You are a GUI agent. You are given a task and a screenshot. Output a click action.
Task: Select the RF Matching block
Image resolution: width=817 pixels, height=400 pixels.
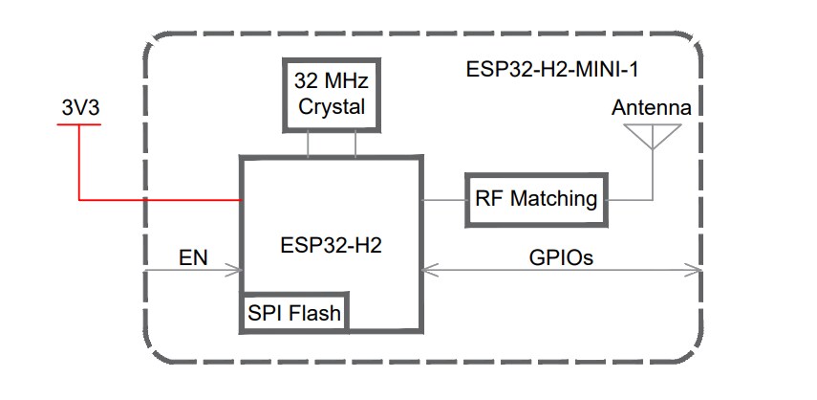point(536,199)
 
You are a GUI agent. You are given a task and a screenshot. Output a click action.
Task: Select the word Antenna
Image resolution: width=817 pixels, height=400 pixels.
point(651,107)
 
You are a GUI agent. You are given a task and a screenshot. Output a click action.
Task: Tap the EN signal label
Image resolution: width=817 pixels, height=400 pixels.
point(194,257)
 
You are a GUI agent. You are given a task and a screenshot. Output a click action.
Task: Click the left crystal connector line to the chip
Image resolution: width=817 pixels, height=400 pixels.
point(308,144)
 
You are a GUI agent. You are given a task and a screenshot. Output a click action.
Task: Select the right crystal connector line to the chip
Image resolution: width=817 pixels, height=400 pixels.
point(355,144)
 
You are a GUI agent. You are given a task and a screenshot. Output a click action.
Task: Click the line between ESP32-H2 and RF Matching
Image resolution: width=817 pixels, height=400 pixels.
point(443,199)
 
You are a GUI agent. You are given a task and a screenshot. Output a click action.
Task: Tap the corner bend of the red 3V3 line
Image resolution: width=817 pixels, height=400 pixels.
point(79,199)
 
